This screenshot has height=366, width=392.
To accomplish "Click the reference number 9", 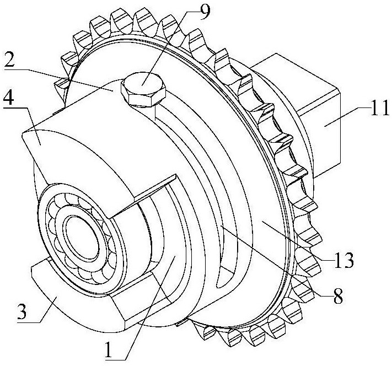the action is (203, 10).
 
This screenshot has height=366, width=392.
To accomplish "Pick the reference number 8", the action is (337, 295).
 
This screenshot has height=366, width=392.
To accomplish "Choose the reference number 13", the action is (343, 260).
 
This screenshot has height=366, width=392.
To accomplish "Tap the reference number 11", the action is (378, 107).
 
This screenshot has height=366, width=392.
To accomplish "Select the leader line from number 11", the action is (347, 117).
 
